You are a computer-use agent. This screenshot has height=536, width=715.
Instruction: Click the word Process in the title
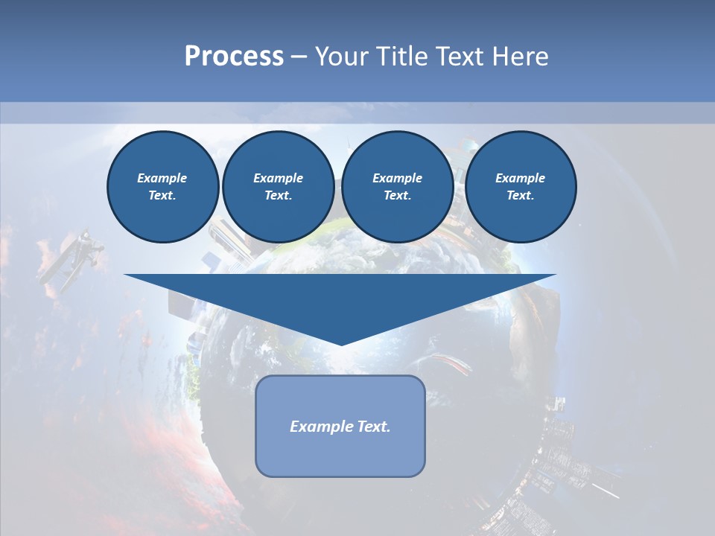pos(234,57)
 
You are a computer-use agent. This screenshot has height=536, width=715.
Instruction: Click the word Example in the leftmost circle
pos(162,178)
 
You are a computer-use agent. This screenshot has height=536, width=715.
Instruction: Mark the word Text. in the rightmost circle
pos(520,195)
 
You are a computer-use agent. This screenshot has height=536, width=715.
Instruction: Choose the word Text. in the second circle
pos(278,195)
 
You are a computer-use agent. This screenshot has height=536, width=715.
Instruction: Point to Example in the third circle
pos(397,178)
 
